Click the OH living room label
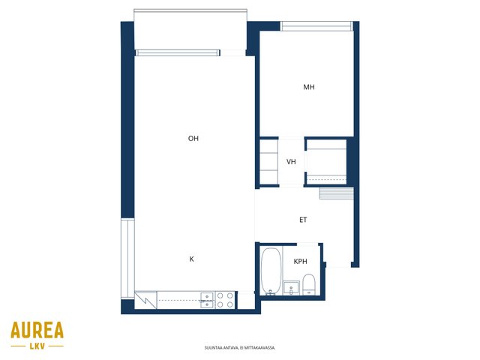tap(193, 139)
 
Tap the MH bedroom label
tap(309, 87)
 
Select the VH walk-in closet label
tap(291, 162)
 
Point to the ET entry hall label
tap(303, 220)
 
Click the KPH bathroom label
tap(300, 262)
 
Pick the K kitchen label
tap(192, 259)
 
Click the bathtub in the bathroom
tap(271, 271)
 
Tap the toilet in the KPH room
tap(308, 284)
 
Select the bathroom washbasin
tap(291, 288)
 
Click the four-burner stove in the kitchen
tap(225, 300)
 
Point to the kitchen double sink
tap(207, 300)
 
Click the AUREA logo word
tap(37, 330)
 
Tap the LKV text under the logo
tap(37, 346)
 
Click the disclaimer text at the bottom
tap(240, 348)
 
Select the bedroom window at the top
tap(316, 26)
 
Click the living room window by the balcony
tap(178, 53)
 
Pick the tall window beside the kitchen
tap(127, 258)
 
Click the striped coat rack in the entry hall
tap(337, 193)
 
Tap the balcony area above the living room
tap(190, 31)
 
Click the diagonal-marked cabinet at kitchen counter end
tap(145, 300)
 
